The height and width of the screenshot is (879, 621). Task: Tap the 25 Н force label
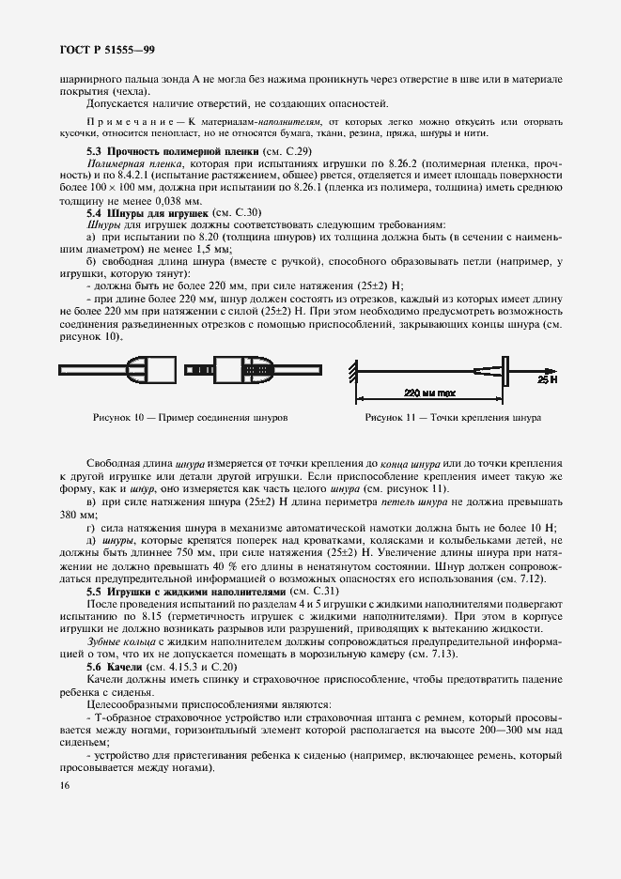pos(549,380)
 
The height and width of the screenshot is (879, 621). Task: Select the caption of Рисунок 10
pos(191,416)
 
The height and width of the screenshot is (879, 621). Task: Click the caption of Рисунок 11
pos(451,416)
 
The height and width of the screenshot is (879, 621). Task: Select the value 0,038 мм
pos(179,201)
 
